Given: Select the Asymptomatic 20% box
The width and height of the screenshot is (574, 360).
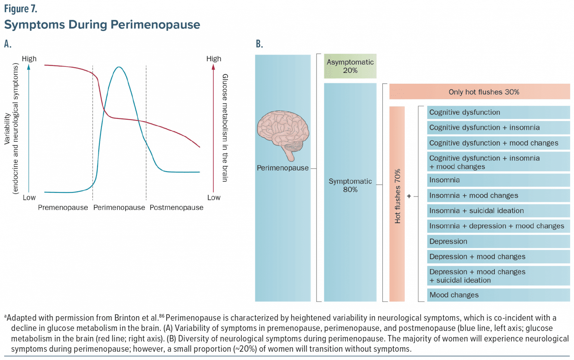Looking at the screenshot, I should [x=350, y=66].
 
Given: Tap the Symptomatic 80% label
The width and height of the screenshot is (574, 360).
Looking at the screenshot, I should [x=350, y=185].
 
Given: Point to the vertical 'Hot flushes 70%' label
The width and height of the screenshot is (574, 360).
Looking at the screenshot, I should [x=397, y=196].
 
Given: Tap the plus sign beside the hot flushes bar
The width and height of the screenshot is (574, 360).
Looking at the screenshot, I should [x=409, y=196].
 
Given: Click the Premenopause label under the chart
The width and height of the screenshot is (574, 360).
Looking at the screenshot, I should [x=63, y=207].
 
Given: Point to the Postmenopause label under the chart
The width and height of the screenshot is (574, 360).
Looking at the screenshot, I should [x=176, y=207].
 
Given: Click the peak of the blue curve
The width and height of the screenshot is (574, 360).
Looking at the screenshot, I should [x=118, y=67].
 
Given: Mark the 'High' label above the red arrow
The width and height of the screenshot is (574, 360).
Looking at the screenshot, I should [x=214, y=59].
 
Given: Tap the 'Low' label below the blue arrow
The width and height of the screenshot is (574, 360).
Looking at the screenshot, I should [x=29, y=197].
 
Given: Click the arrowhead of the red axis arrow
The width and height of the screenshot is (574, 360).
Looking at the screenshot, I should [x=213, y=67].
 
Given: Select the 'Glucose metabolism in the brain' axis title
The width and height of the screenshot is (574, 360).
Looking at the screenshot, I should [x=225, y=128].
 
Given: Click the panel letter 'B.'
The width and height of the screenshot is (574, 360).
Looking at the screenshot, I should [x=259, y=44].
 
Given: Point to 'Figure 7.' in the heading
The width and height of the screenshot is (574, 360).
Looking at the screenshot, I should [x=21, y=9].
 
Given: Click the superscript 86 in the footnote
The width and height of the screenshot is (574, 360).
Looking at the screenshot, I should [x=161, y=316].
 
